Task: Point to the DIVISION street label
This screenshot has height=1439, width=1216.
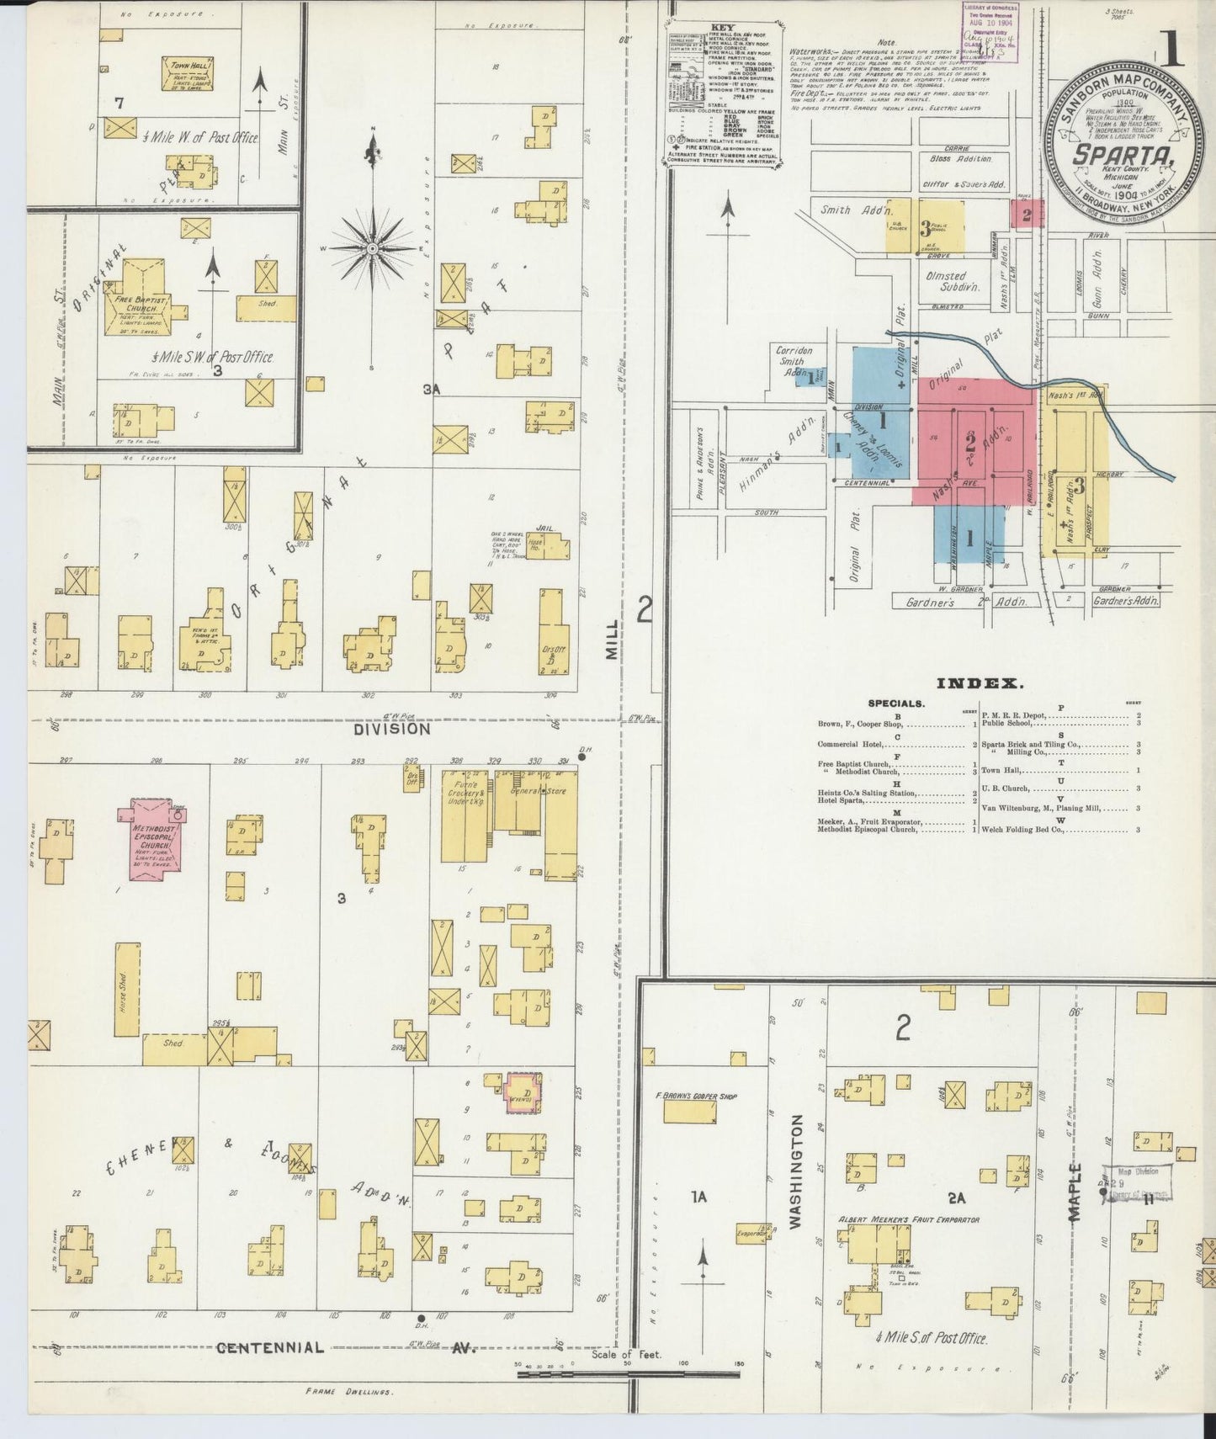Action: tap(391, 730)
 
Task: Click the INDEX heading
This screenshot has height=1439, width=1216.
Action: tap(980, 684)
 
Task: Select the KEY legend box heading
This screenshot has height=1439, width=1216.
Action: tap(722, 28)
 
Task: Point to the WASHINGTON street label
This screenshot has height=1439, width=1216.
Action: tap(797, 1171)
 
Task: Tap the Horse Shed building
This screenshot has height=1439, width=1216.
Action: tap(128, 990)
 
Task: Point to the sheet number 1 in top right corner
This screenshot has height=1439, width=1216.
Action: tap(1171, 50)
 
